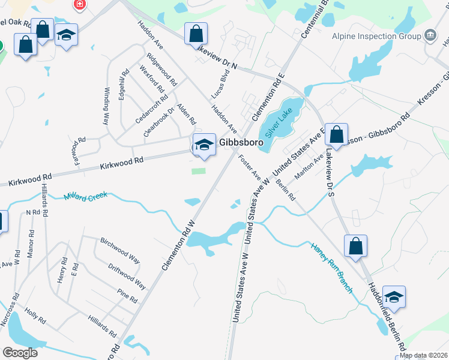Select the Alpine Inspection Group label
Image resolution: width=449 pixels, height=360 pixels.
[x=376, y=36]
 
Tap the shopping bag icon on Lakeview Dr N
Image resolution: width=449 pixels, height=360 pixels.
[x=196, y=34]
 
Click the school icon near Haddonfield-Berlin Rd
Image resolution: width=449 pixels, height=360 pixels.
[x=394, y=297]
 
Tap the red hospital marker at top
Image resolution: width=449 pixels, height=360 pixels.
[x=79, y=5]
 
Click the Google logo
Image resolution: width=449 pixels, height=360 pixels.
[x=20, y=352]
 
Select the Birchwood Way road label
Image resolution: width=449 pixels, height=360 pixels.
[x=120, y=250]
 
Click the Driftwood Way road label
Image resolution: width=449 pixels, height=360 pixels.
[x=127, y=275]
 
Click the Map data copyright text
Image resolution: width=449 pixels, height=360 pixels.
[x=423, y=355]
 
